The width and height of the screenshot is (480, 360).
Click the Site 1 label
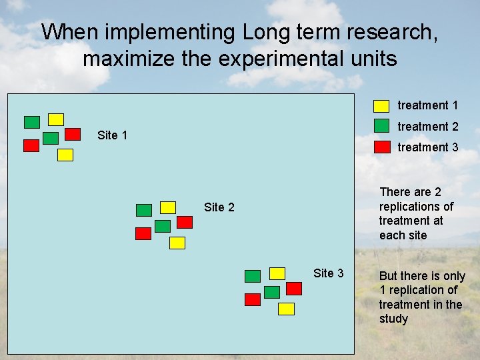tap(112, 135)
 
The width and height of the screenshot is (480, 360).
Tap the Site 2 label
tap(219, 207)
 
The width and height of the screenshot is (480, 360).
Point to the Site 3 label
tap(328, 273)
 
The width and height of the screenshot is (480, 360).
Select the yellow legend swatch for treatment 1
tap(381, 105)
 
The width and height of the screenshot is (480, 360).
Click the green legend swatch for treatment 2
tap(381, 125)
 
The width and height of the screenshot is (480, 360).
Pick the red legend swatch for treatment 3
tap(381, 147)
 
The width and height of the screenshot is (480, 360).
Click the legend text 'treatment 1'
tap(427, 105)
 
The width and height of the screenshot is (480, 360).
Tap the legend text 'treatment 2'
tap(427, 127)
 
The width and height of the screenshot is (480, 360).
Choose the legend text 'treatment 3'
tap(427, 147)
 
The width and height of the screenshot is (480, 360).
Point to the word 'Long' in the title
tap(267, 31)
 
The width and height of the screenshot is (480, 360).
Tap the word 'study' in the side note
tap(393, 319)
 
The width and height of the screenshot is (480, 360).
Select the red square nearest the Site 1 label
tap(73, 133)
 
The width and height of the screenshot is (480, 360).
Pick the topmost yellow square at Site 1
tap(56, 119)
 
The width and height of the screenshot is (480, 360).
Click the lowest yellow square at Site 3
tap(286, 309)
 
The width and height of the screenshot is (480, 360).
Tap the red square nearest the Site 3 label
tap(294, 288)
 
